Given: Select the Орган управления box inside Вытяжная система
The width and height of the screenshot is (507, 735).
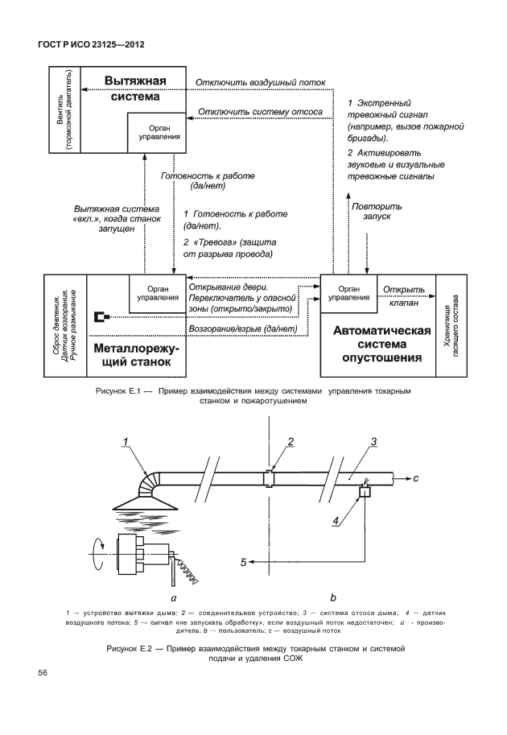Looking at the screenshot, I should (x=159, y=132).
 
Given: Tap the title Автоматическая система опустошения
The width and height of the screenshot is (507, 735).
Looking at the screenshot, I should (x=377, y=343).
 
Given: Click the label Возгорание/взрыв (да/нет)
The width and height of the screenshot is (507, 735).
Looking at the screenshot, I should (x=242, y=329).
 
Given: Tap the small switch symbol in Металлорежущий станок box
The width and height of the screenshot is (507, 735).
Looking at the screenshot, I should (x=101, y=316).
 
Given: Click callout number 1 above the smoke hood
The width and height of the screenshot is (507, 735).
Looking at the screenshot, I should (x=126, y=440).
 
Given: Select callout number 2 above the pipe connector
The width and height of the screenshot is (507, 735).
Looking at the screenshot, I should (x=291, y=440).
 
